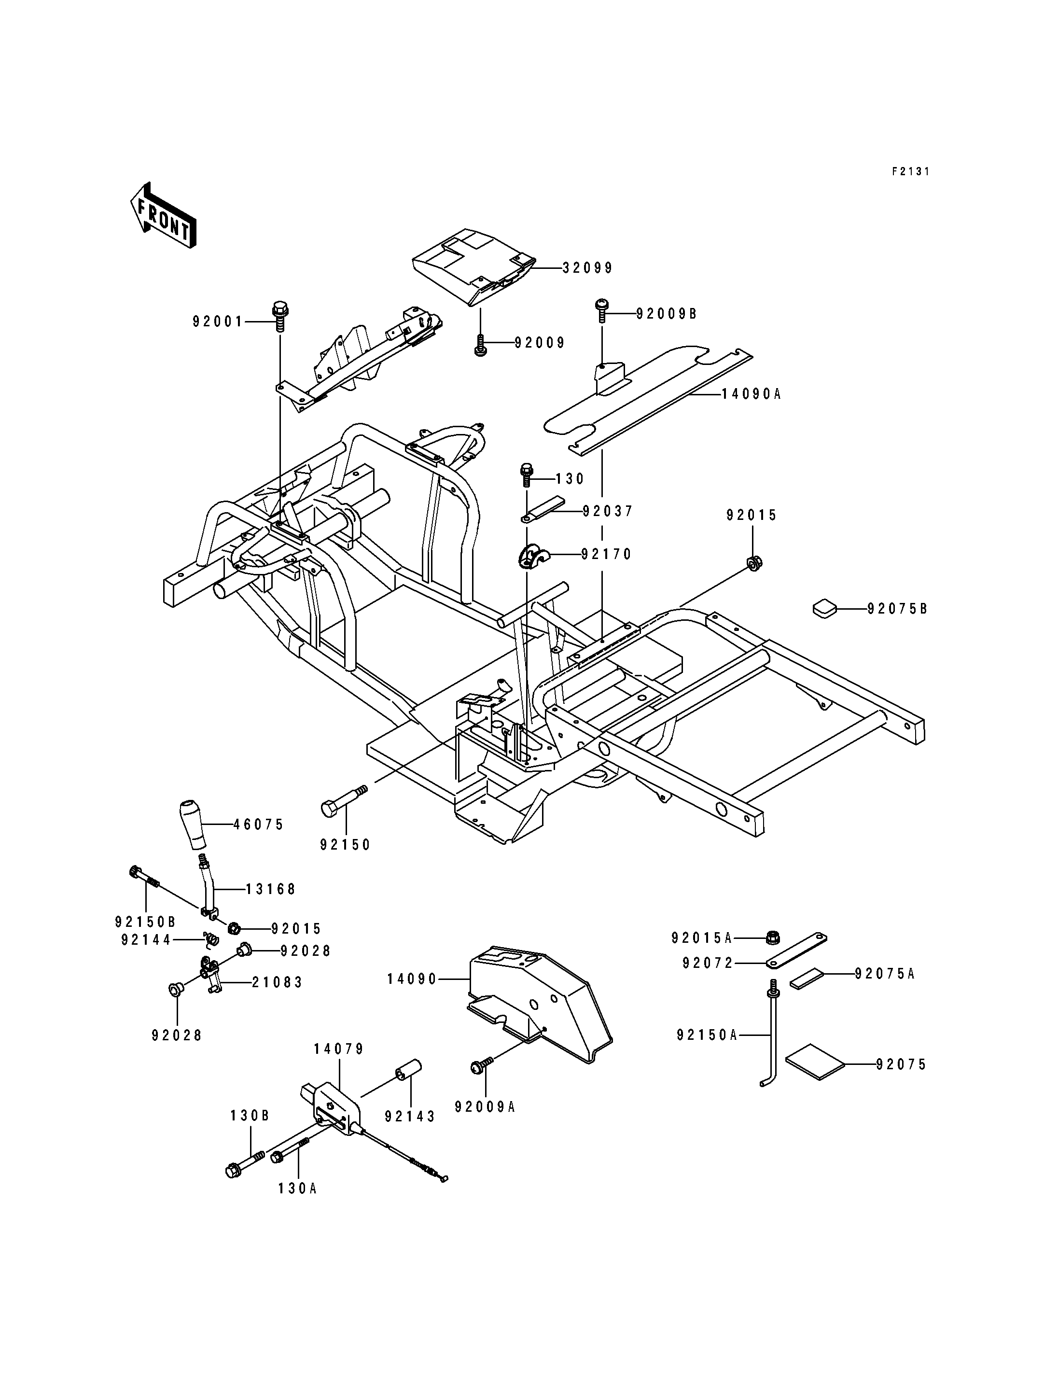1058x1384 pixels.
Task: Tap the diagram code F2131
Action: point(910,171)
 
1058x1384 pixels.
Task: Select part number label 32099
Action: point(587,268)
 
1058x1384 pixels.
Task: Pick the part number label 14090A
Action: point(751,394)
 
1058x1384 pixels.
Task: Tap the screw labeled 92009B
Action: point(602,311)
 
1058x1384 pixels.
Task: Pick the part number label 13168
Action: point(271,889)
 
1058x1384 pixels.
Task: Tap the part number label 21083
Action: point(278,981)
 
